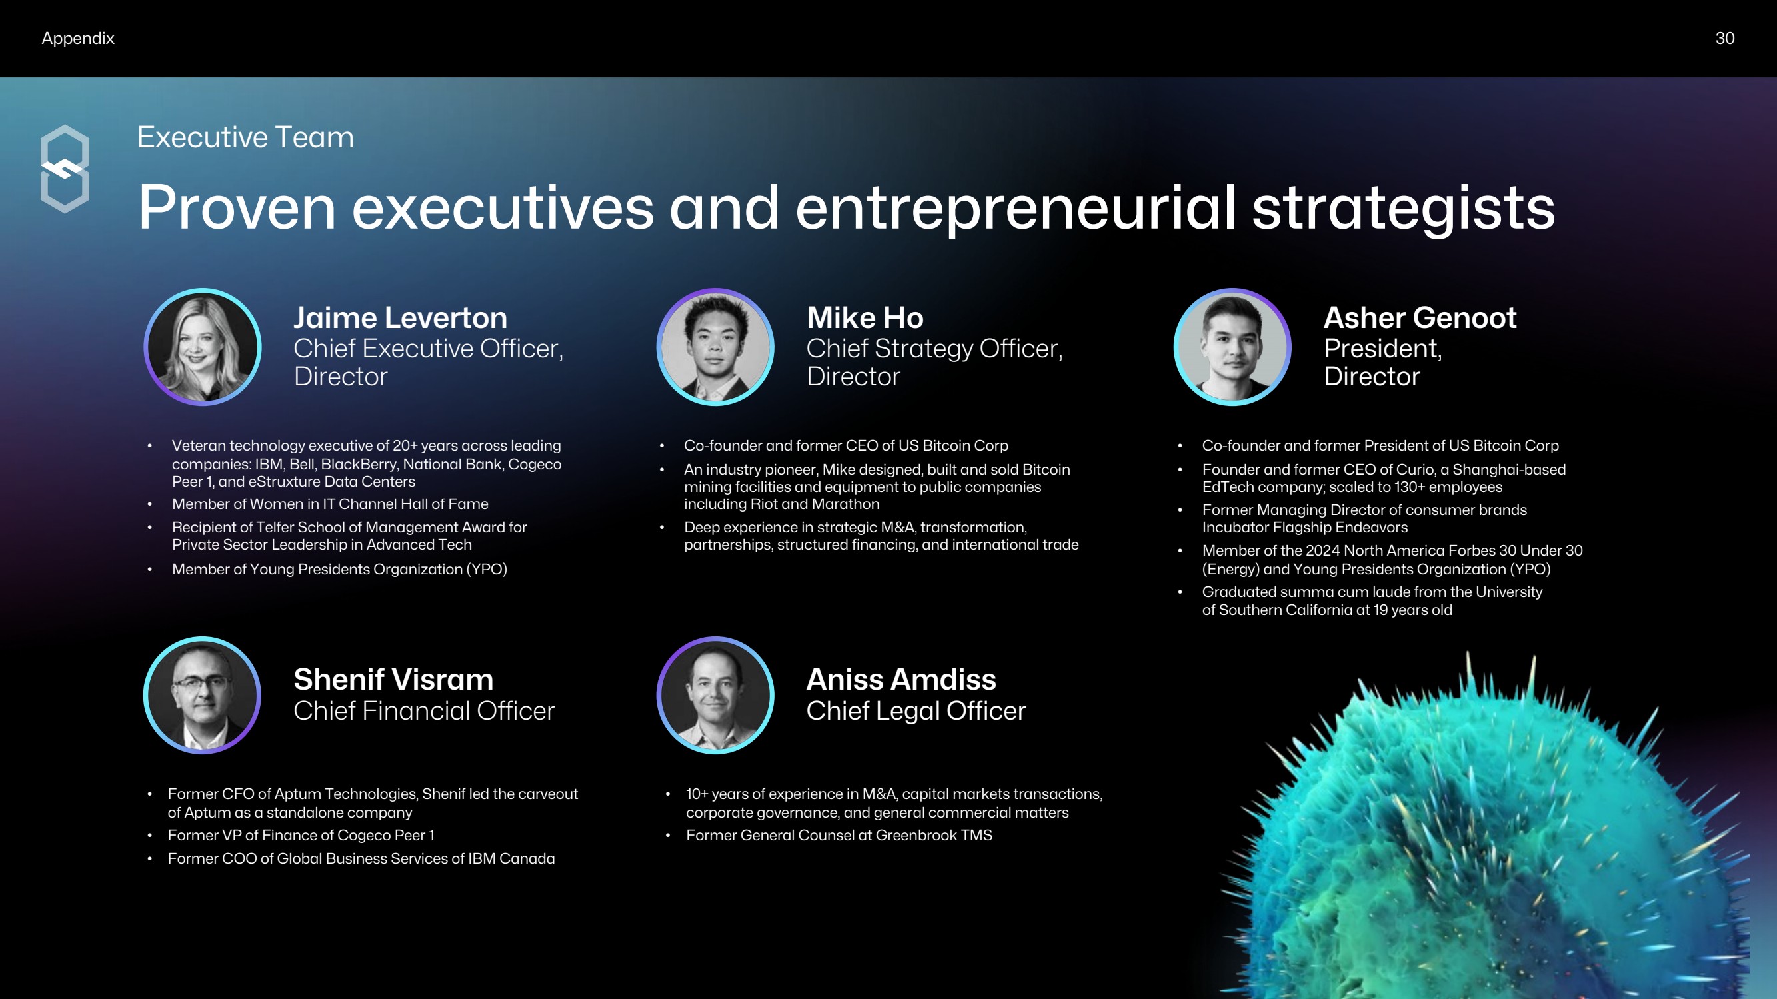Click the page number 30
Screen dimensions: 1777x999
coord(1724,38)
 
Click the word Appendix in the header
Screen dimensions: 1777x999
coord(78,39)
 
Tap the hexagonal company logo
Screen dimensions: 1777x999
coord(65,169)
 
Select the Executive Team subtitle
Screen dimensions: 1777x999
coord(245,137)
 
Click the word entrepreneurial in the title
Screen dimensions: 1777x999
coord(1015,208)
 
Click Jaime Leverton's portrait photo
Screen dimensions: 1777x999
coord(202,347)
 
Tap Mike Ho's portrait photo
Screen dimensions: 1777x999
coord(715,347)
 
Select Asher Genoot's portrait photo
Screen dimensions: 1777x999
coord(1232,347)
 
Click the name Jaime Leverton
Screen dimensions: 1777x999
coord(400,317)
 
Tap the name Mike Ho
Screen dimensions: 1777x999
coord(865,317)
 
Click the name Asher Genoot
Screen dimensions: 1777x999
coord(1420,317)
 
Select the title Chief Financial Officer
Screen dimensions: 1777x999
coord(424,710)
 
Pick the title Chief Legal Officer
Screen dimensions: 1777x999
coord(916,710)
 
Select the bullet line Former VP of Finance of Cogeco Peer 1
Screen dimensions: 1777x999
coord(301,836)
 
